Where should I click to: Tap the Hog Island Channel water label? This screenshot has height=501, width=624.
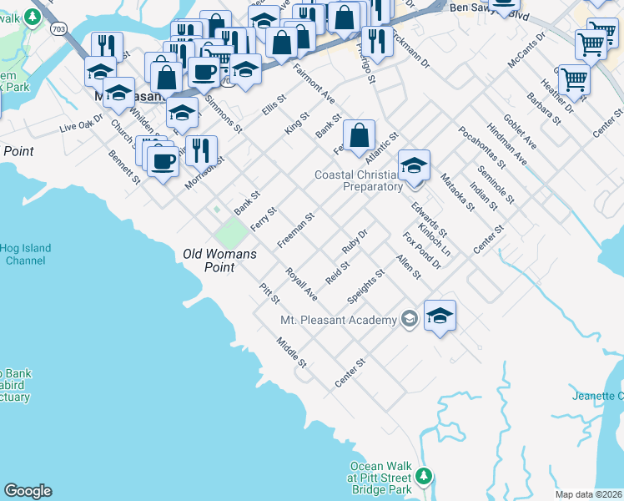(x=25, y=255)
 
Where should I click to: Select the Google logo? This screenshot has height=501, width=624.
(x=28, y=491)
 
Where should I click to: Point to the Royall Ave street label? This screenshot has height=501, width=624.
(x=301, y=284)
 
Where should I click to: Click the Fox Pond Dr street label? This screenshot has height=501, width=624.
(x=421, y=250)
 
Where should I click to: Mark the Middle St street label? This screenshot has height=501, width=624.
(x=293, y=352)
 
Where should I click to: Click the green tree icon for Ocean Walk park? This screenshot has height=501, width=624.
(x=424, y=476)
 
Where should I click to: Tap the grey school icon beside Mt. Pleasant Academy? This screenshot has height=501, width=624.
(x=409, y=318)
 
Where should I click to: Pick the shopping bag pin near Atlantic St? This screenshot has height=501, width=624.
(x=359, y=136)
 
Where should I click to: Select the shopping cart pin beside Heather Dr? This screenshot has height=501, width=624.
(x=574, y=80)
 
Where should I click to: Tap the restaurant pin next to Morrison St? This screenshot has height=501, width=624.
(x=201, y=151)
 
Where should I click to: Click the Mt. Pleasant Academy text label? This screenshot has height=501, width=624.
(x=338, y=321)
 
